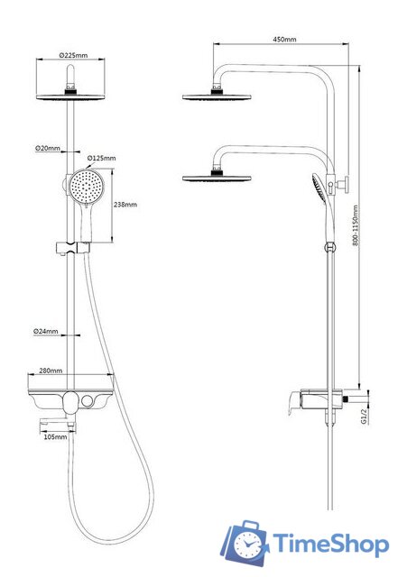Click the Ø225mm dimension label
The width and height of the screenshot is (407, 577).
tap(74, 55)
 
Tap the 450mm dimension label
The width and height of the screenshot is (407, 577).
tap(284, 39)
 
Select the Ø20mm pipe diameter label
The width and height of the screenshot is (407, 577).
tap(48, 148)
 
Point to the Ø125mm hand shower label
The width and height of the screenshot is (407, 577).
tap(101, 159)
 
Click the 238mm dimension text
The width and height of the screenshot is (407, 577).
tap(125, 205)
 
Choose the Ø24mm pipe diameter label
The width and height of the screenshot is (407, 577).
tap(46, 331)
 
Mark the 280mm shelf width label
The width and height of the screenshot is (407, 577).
tap(51, 371)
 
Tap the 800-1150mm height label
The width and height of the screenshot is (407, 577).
tap(356, 225)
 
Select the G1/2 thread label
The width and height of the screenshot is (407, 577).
tap(365, 417)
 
